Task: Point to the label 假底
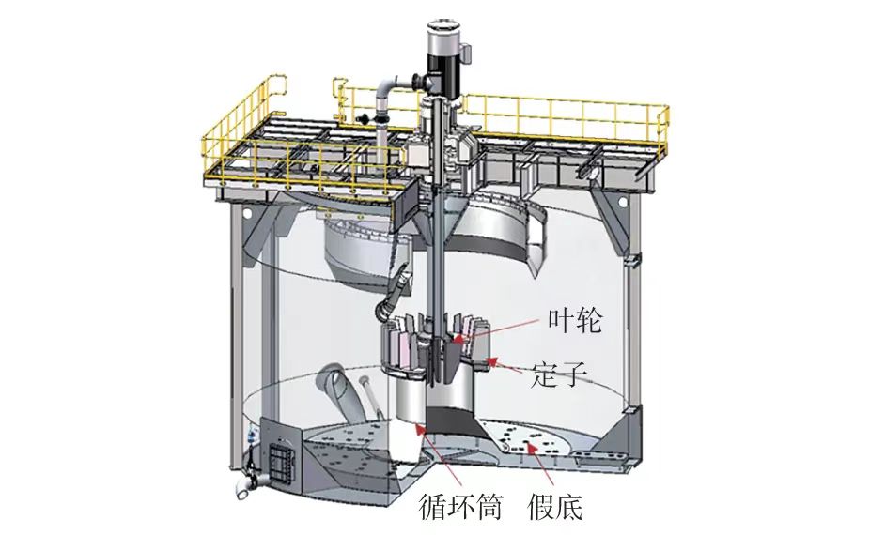pos(555,508)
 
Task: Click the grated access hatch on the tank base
pos(280,462)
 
